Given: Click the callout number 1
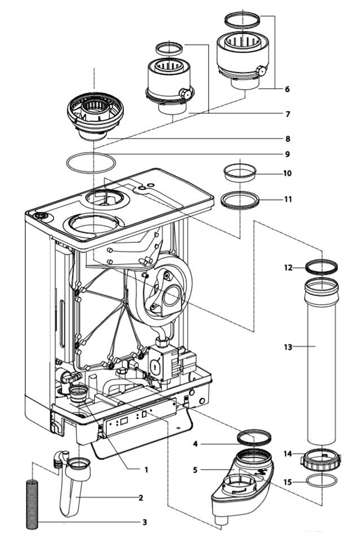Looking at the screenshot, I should point(146,470).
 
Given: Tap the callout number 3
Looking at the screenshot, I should point(145,522).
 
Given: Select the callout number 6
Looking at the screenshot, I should point(287,89).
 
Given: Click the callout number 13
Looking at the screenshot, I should point(288,347).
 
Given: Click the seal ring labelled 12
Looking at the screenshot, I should point(322,266).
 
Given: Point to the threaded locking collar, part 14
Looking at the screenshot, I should point(322,458).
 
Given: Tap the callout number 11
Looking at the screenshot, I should point(287,199).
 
